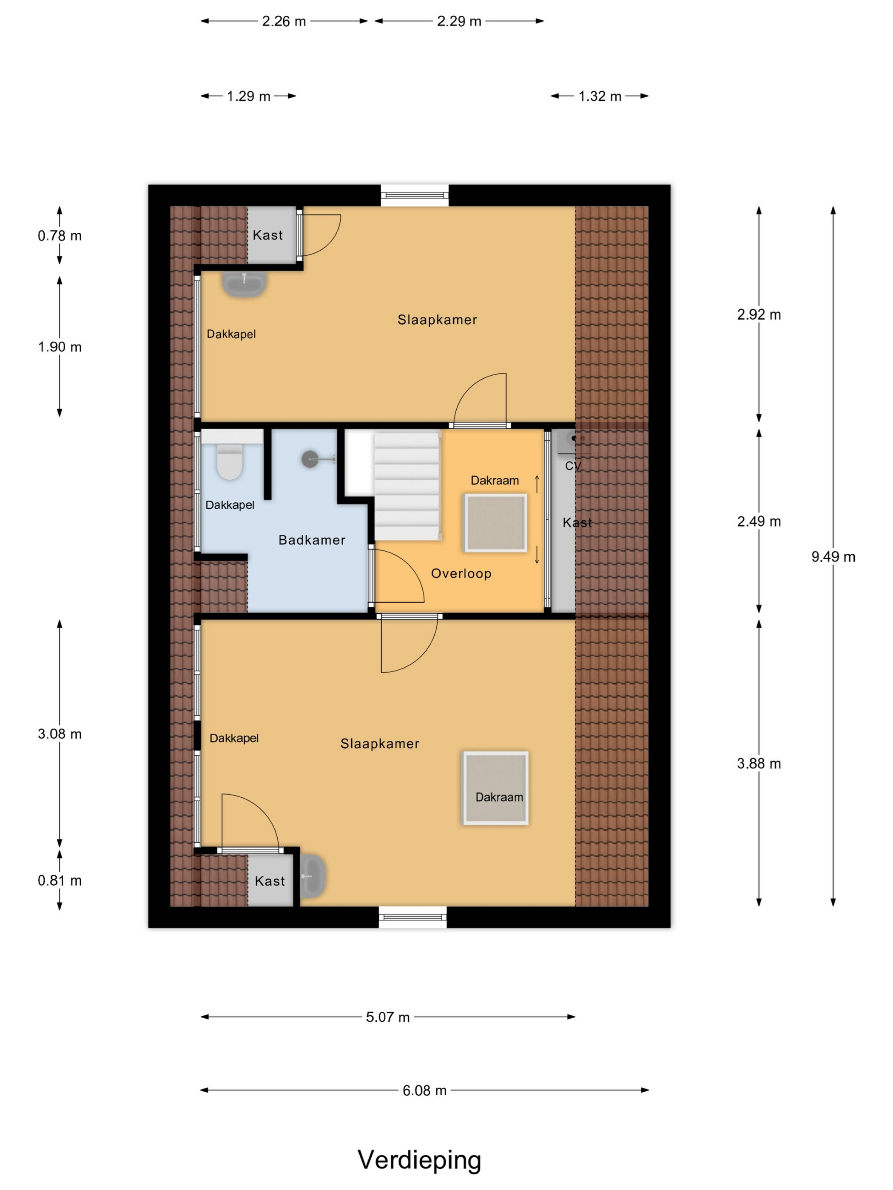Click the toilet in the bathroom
[230, 461]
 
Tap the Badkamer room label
[312, 540]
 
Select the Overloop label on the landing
[461, 573]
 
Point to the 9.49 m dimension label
[833, 557]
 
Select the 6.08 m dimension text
[424, 1091]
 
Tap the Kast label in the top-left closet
[267, 235]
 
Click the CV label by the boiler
[573, 466]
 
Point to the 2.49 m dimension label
[759, 521]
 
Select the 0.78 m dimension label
[60, 235]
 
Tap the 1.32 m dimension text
[600, 96]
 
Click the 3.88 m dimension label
[759, 763]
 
